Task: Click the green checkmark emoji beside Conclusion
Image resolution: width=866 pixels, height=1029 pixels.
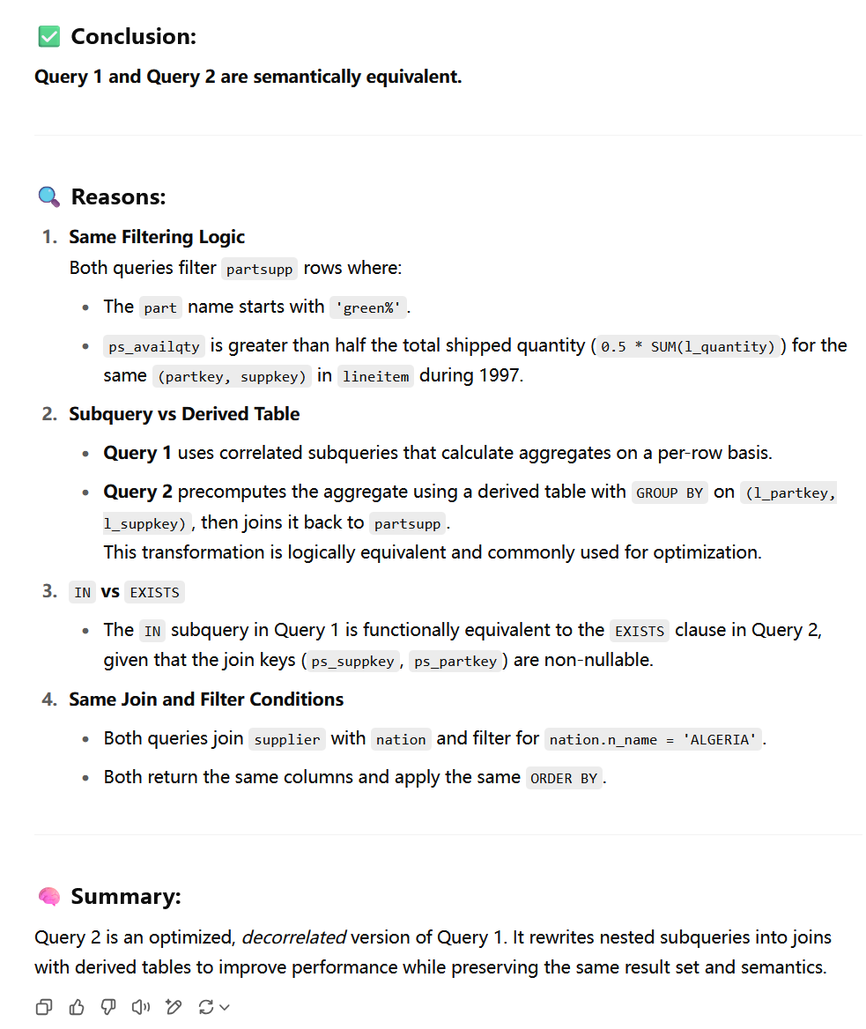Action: point(49,36)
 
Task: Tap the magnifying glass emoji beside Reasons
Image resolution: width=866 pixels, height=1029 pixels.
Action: point(49,196)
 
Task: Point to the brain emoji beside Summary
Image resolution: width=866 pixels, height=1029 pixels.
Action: point(49,897)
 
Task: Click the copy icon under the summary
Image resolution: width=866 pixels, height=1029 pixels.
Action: point(44,1006)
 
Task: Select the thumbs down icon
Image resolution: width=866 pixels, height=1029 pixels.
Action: point(107,1006)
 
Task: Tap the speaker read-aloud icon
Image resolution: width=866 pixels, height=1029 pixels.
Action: point(140,1006)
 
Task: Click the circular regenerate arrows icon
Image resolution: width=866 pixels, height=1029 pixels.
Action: point(207,1006)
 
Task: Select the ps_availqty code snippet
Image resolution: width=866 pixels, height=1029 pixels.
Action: point(155,347)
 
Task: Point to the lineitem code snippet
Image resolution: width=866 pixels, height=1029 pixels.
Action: point(375,376)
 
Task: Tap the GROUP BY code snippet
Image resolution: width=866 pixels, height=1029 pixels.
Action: point(670,492)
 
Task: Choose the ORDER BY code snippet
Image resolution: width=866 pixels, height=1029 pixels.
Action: point(564,778)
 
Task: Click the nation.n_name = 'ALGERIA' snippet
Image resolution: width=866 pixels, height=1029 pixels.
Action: point(653,739)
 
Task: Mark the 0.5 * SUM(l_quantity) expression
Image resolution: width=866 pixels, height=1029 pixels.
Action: point(688,347)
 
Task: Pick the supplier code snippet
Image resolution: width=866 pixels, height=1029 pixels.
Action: point(287,739)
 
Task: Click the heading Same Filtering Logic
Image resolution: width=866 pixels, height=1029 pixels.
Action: point(157,237)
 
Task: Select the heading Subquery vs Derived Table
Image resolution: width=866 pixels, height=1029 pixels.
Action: point(184,414)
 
